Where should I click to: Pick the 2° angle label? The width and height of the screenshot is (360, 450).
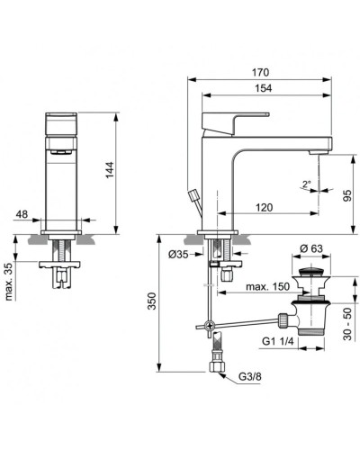tap(306, 184)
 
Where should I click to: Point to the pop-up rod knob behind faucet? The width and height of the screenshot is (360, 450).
tap(193, 197)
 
